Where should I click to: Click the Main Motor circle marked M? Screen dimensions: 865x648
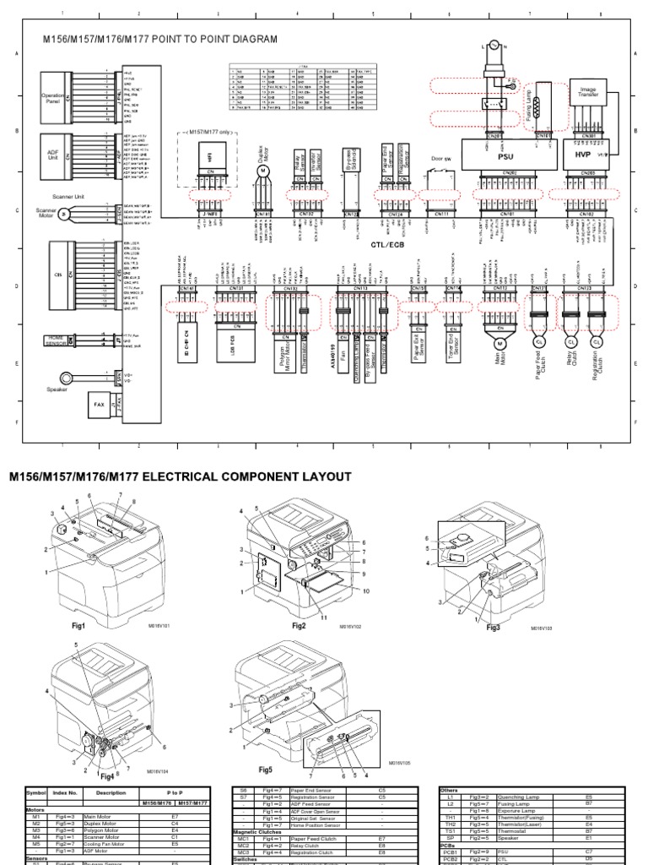497,343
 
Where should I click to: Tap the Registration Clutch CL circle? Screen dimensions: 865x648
598,343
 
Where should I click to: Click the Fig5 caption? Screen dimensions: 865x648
267,770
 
